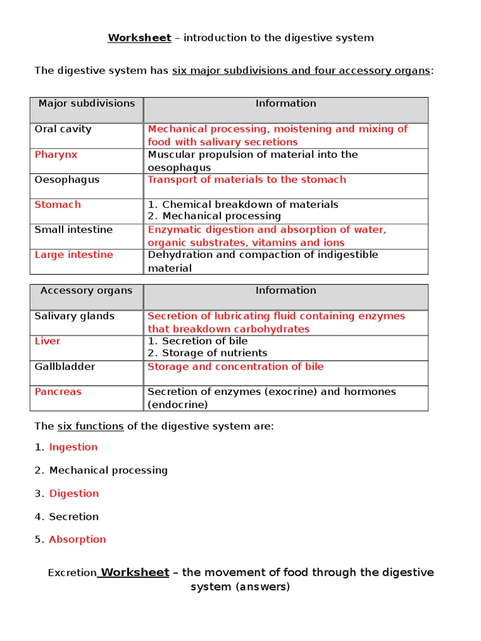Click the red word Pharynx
click(56, 155)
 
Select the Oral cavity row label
click(63, 130)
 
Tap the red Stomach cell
click(58, 205)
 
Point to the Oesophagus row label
click(66, 180)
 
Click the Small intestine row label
click(73, 230)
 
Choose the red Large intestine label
click(74, 255)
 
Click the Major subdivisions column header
click(86, 103)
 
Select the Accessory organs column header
click(86, 290)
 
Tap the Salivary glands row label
click(75, 316)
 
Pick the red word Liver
click(48, 341)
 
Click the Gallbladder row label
click(65, 366)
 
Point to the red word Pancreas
click(58, 392)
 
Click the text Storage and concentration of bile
click(235, 366)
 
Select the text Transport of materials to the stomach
click(246, 180)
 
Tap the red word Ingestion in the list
click(73, 447)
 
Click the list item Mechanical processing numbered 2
click(108, 470)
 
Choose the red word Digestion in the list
click(74, 493)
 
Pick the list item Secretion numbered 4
click(74, 516)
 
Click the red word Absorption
click(77, 540)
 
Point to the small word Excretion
click(72, 573)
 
